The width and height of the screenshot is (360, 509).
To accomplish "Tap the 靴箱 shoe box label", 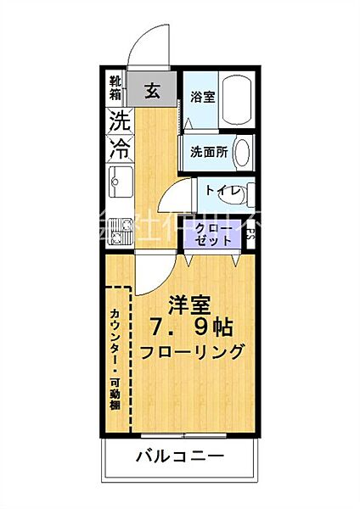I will tap(115, 88).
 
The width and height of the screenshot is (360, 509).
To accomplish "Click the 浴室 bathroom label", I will tap(201, 97).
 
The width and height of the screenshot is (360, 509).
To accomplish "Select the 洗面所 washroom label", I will tap(206, 154).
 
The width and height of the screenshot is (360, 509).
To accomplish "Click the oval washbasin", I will tap(242, 154).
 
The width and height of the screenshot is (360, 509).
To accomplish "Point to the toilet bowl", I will tap(245, 193).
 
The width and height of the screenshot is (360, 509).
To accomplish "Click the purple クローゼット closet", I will tap(212, 235).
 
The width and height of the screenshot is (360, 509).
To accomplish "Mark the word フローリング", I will tap(193, 352).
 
